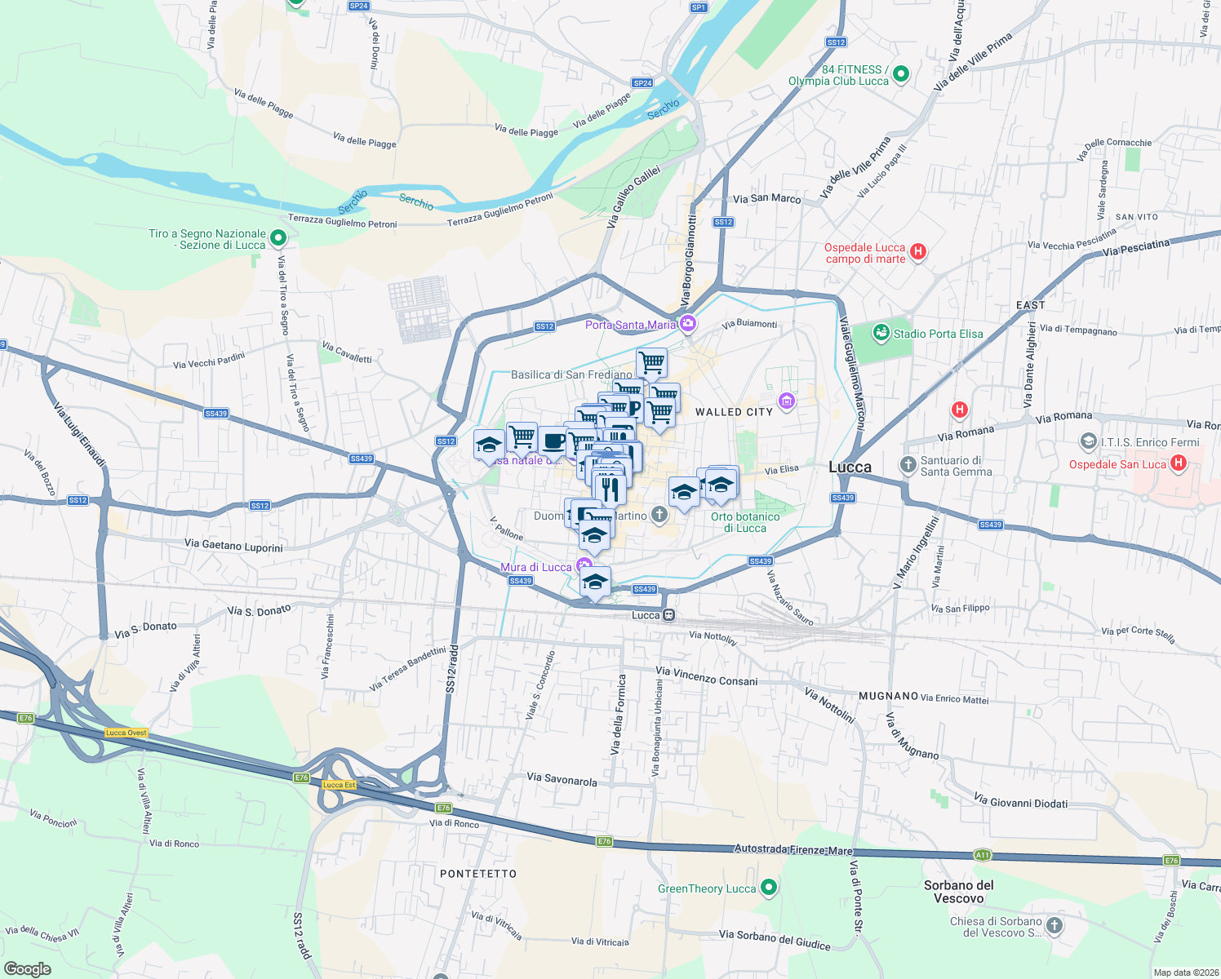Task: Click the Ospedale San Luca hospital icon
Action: point(1178,463)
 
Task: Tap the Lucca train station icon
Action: point(668,615)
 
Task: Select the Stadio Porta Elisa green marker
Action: point(881,333)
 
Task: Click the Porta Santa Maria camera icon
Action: point(688,325)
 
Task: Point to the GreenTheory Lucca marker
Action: point(768,888)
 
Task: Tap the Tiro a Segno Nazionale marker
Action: point(278,238)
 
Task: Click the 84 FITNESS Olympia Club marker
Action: point(901,74)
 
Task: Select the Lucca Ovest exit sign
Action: point(126,733)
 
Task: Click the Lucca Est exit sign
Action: point(339,785)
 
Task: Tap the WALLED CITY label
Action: point(734,412)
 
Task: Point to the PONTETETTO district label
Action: point(478,874)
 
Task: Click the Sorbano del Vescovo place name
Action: point(959,892)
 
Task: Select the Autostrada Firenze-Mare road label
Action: point(793,849)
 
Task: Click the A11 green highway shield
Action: point(982,855)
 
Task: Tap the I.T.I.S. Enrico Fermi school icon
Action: point(1088,442)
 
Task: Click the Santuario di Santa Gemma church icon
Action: point(908,465)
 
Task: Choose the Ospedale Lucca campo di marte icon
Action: point(918,251)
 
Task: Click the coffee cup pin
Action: point(553,441)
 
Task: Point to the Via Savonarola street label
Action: point(562,779)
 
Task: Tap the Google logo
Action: point(28,968)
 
